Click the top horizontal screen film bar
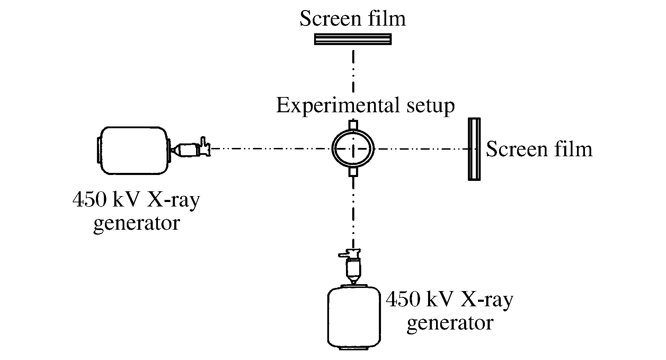click(353, 39)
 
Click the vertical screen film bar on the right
click(474, 149)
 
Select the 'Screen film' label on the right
click(539, 150)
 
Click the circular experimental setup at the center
click(353, 149)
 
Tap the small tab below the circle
click(353, 172)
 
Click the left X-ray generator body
click(133, 150)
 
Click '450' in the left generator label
click(90, 200)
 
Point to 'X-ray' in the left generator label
click(173, 201)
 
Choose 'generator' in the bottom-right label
click(450, 323)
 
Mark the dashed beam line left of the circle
click(270, 149)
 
